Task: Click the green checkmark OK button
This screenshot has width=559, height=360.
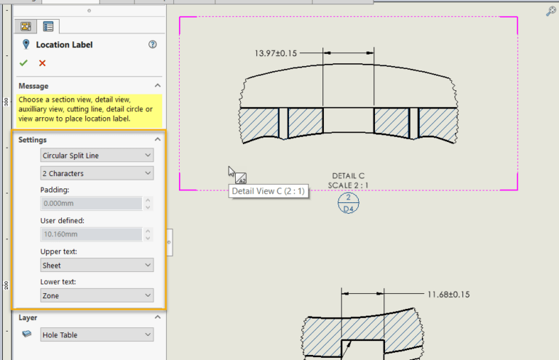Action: tap(24, 63)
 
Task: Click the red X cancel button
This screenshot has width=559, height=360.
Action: tap(42, 63)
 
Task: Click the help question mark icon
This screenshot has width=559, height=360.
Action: tap(152, 44)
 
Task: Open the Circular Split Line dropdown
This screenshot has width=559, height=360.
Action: tap(97, 155)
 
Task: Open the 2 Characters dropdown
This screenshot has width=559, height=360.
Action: tap(97, 173)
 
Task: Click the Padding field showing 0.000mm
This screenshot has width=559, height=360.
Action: tap(90, 204)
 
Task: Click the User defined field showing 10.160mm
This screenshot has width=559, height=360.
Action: tap(90, 234)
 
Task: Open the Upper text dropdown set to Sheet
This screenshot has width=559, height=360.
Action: tap(97, 265)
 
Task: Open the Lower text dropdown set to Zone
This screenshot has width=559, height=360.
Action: tap(97, 296)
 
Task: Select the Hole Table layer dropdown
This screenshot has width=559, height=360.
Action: tap(97, 335)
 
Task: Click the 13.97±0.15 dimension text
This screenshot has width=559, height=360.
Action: tap(276, 53)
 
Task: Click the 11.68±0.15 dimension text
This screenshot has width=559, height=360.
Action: tap(448, 295)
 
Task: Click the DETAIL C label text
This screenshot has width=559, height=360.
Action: tap(348, 176)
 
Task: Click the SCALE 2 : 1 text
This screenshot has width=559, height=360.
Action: tap(348, 185)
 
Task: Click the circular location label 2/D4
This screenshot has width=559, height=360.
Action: tap(348, 203)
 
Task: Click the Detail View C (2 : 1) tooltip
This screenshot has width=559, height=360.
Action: tap(269, 191)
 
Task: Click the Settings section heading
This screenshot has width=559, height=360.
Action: tap(33, 140)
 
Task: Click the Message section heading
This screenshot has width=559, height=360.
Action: tap(33, 86)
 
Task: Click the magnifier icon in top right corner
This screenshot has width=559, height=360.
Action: tap(551, 11)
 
